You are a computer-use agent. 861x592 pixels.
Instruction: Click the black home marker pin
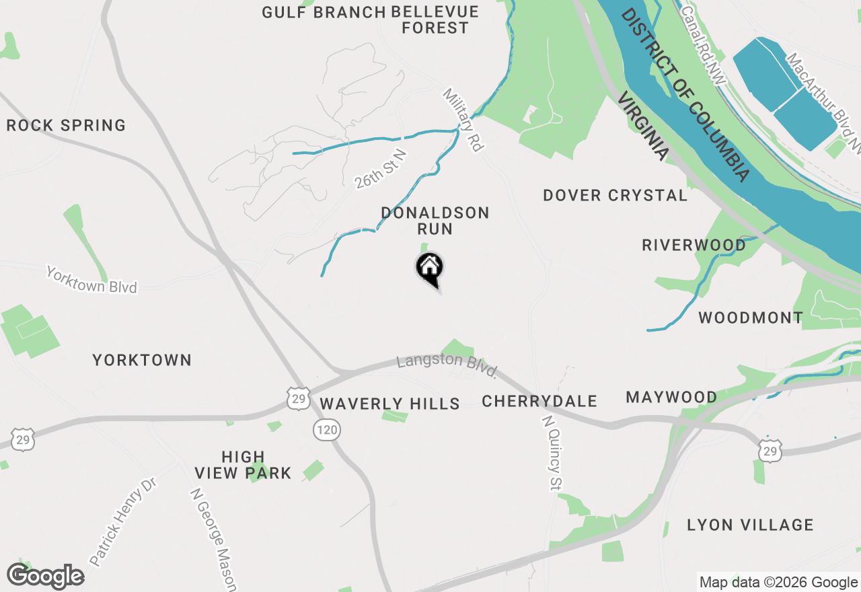[429, 268]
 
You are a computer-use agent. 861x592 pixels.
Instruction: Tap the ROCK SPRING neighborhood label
[66, 126]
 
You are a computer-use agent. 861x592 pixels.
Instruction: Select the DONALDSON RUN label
[435, 221]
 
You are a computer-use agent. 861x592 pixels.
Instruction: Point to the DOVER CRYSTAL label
[615, 196]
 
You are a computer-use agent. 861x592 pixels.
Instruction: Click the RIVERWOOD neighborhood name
[694, 245]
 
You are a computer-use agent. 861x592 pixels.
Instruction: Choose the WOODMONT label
[751, 318]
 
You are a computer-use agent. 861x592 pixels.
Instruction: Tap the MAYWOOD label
[671, 398]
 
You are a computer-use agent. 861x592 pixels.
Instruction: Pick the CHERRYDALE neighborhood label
[539, 402]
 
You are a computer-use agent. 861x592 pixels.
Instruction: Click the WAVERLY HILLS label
[389, 404]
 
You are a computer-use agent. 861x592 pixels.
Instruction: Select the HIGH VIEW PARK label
[243, 465]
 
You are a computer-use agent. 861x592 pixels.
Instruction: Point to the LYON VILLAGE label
[750, 525]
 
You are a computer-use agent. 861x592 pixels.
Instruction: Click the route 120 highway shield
[326, 430]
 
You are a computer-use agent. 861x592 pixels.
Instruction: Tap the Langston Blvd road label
[447, 365]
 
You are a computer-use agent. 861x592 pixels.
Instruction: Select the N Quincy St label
[552, 453]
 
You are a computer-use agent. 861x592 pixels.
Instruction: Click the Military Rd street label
[463, 119]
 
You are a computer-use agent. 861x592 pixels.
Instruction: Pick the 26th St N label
[381, 170]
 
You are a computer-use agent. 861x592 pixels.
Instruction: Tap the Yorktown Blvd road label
[91, 280]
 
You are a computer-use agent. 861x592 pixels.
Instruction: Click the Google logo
[46, 577]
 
